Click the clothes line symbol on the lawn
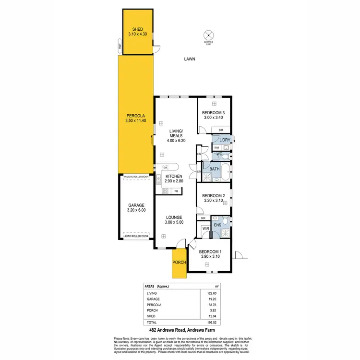tap(208, 35)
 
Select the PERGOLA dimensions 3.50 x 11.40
tap(136, 120)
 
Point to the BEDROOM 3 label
tap(214, 113)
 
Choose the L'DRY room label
tap(225, 140)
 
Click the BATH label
tap(214, 169)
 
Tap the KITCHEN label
tap(174, 177)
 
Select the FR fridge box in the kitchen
tap(177, 191)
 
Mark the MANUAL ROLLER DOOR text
tap(136, 177)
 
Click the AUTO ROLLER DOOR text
tap(136, 237)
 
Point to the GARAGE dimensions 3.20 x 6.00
tap(136, 210)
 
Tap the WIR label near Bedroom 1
tap(205, 228)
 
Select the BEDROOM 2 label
tap(214, 196)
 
